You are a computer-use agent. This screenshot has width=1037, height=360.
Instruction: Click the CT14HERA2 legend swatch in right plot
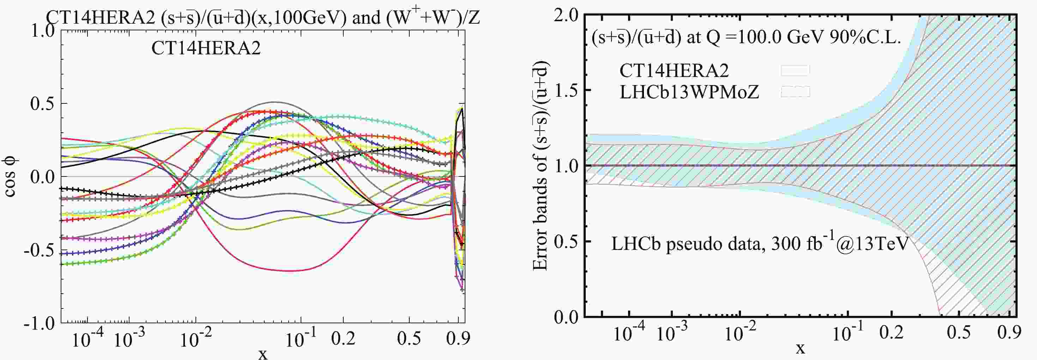(795, 71)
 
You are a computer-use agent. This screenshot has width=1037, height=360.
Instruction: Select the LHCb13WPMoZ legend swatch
(795, 92)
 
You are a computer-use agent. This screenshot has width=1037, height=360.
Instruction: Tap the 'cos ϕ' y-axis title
(10, 177)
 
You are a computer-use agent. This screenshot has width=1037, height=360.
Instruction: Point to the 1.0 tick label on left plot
(43, 31)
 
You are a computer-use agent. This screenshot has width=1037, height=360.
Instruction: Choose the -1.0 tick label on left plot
(40, 324)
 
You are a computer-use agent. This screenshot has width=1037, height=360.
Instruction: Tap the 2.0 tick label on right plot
(566, 15)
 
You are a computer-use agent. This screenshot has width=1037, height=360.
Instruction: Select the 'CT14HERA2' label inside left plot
(206, 49)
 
